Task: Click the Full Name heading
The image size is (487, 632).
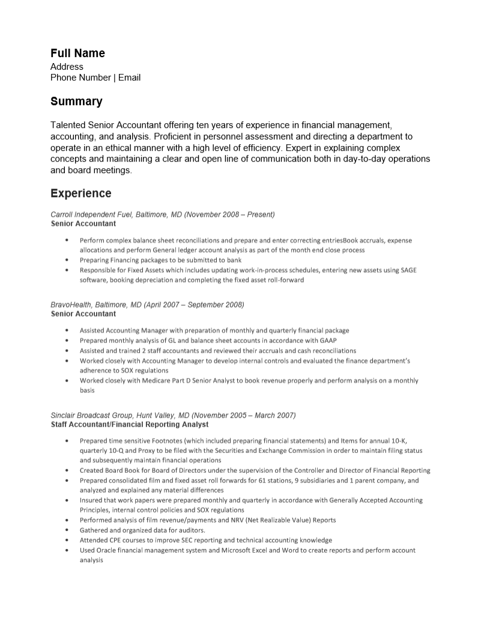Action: point(77,53)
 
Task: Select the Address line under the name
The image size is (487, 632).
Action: point(67,67)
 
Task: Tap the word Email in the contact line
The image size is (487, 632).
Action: point(129,77)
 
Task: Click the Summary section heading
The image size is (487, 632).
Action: point(76,102)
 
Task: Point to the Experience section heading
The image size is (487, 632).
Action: point(80,193)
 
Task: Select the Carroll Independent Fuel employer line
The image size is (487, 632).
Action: point(162,214)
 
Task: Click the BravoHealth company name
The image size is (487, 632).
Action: point(68,305)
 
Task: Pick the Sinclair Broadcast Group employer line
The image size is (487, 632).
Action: point(173,415)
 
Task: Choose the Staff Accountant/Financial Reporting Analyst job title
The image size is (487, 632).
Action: point(130,424)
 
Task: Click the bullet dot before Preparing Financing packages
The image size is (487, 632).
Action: point(66,260)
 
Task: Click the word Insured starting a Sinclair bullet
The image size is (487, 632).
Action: point(91,500)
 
